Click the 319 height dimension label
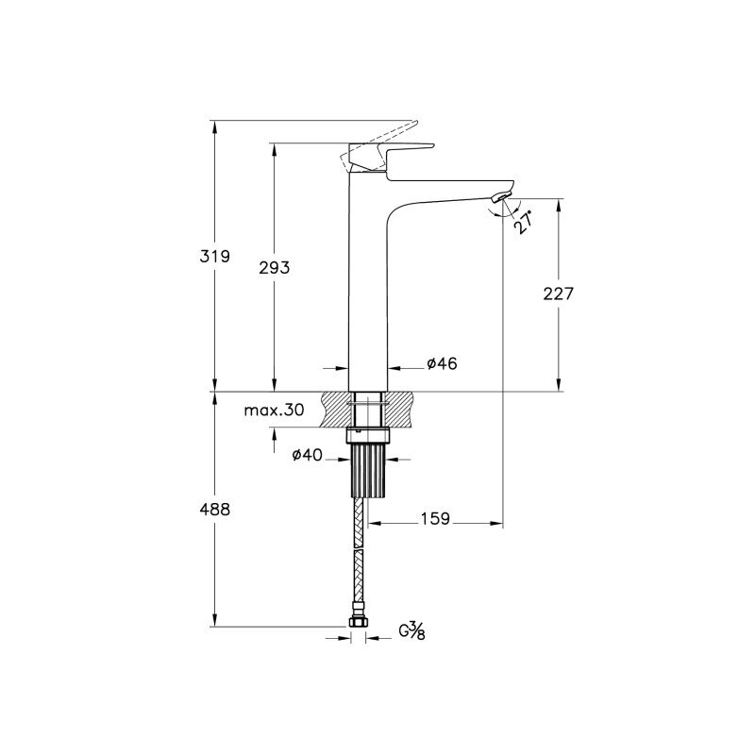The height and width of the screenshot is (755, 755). pos(215,256)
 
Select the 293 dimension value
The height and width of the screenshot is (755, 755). pos(275,267)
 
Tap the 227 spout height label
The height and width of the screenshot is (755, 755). pos(559,294)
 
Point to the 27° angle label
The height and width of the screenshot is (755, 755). pos(524,222)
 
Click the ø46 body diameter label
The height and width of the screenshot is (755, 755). pos(442,363)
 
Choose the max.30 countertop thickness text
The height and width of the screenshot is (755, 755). pos(274,411)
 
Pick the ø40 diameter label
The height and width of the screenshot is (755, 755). pos(308,454)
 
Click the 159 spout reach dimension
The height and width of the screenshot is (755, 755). pos(435,518)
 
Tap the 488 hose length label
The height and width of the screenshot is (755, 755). pos(215,509)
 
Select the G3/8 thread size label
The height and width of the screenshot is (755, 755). pos(411,630)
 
